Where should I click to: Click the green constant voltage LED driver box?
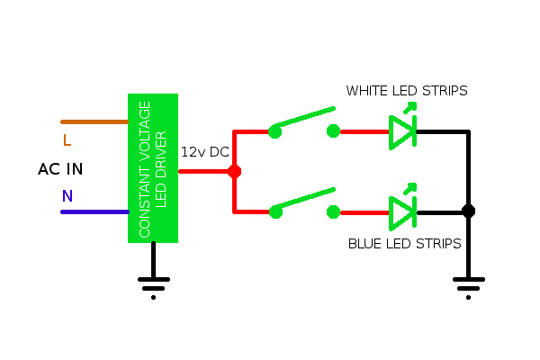point(153,167)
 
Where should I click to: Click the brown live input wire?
point(94,121)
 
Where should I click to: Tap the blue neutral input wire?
point(94,212)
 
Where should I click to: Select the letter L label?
point(67,140)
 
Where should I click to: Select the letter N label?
point(67,195)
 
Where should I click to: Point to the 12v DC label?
point(205,152)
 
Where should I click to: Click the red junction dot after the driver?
point(234,171)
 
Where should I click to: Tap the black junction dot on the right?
point(468,211)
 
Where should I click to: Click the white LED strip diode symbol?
point(402,130)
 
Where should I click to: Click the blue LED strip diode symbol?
point(402,211)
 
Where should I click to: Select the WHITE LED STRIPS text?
point(407,91)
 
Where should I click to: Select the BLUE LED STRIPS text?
point(404,243)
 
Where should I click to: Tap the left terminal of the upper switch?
point(274,131)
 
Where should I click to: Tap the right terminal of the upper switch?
point(334,131)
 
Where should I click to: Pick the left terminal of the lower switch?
point(274,212)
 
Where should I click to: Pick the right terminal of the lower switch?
point(334,212)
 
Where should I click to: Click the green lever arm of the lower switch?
point(304,201)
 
